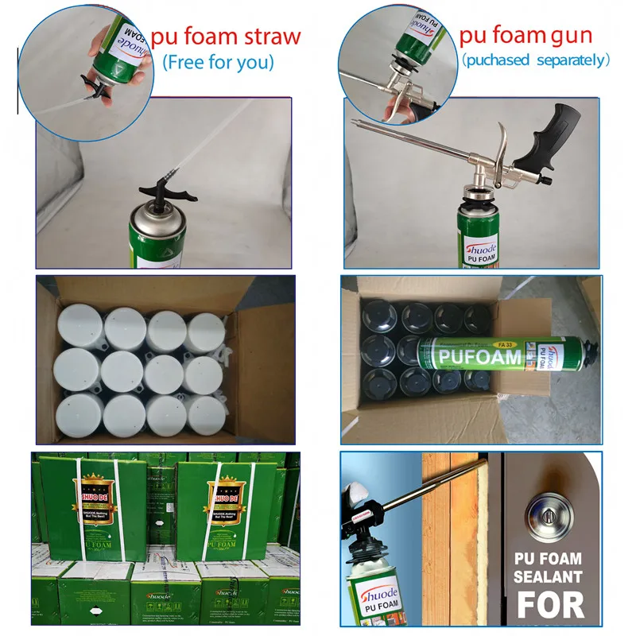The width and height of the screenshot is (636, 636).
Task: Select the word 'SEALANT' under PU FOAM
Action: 549,576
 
